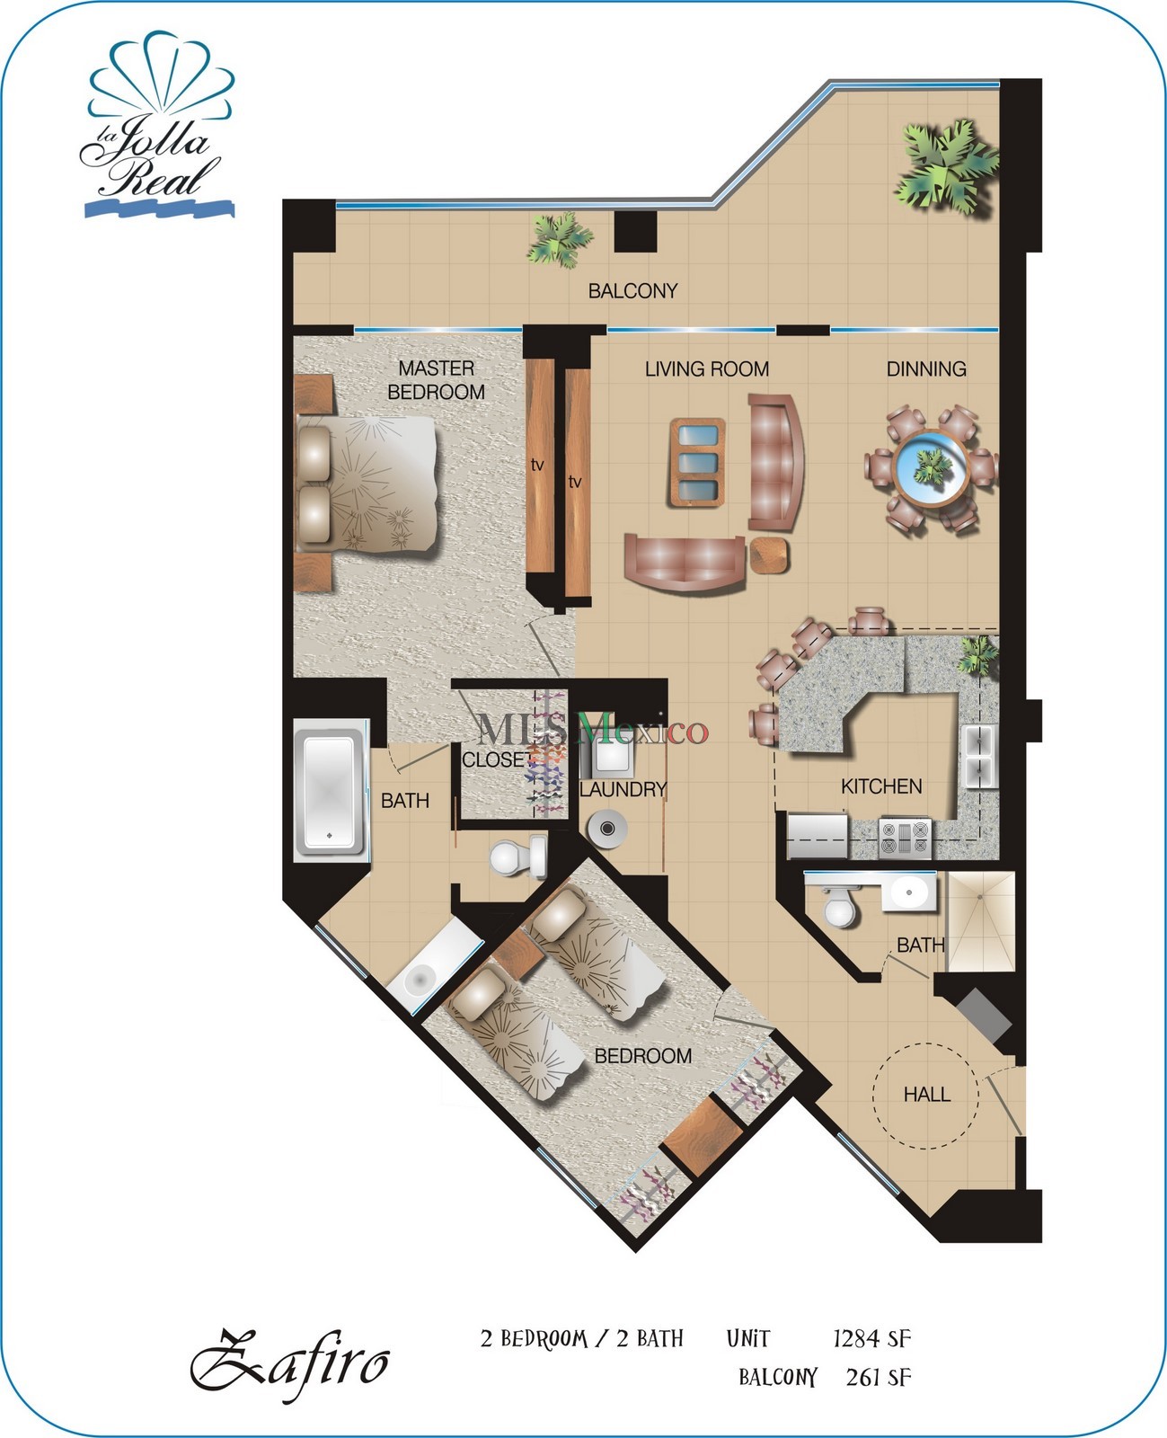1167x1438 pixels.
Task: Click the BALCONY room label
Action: [x=632, y=290]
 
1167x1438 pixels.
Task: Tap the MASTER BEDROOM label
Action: [x=436, y=379]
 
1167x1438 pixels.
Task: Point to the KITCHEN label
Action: [x=880, y=786]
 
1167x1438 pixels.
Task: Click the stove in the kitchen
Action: [x=904, y=838]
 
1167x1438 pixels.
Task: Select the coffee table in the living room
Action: [x=697, y=463]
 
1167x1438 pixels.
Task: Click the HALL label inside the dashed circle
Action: [x=926, y=1094]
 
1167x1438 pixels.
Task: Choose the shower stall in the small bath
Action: [x=981, y=921]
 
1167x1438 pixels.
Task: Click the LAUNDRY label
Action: [x=623, y=789]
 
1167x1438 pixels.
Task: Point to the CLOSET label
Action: [x=497, y=759]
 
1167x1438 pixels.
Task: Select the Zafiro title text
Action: [x=289, y=1365]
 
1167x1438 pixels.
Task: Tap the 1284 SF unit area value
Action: [x=871, y=1339]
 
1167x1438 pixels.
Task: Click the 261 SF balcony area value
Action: [x=878, y=1377]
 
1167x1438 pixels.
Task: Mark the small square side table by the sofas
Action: [x=769, y=554]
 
